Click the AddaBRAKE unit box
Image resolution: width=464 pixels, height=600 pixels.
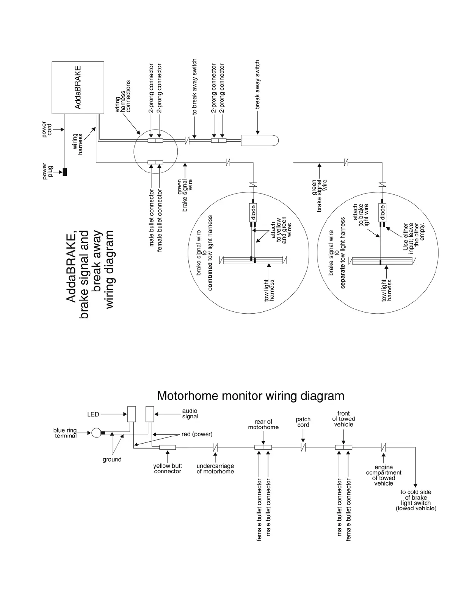pyautogui.click(x=78, y=87)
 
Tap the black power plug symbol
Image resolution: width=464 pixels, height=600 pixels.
pyautogui.click(x=65, y=172)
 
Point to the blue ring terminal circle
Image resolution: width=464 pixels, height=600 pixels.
pyautogui.click(x=96, y=432)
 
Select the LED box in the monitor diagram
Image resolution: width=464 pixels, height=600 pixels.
pyautogui.click(x=132, y=414)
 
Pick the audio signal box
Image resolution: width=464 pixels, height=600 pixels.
pyautogui.click(x=150, y=414)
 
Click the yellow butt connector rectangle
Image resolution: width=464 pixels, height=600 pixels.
pyautogui.click(x=167, y=447)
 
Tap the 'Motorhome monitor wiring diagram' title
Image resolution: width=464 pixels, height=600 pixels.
pyautogui.click(x=251, y=396)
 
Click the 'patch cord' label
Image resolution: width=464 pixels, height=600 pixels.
pyautogui.click(x=303, y=422)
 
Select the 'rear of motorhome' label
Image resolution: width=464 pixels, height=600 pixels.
pyautogui.click(x=263, y=424)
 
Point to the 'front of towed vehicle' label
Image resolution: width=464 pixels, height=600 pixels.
pyautogui.click(x=343, y=419)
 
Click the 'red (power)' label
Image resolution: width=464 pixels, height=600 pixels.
pyautogui.click(x=197, y=434)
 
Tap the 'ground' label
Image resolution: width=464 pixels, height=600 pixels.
pyautogui.click(x=112, y=459)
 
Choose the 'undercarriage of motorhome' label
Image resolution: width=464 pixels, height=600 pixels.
pyautogui.click(x=215, y=469)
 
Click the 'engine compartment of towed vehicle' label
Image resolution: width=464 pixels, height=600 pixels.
pyautogui.click(x=383, y=475)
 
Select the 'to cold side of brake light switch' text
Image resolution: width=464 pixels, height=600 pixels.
pyautogui.click(x=416, y=500)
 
